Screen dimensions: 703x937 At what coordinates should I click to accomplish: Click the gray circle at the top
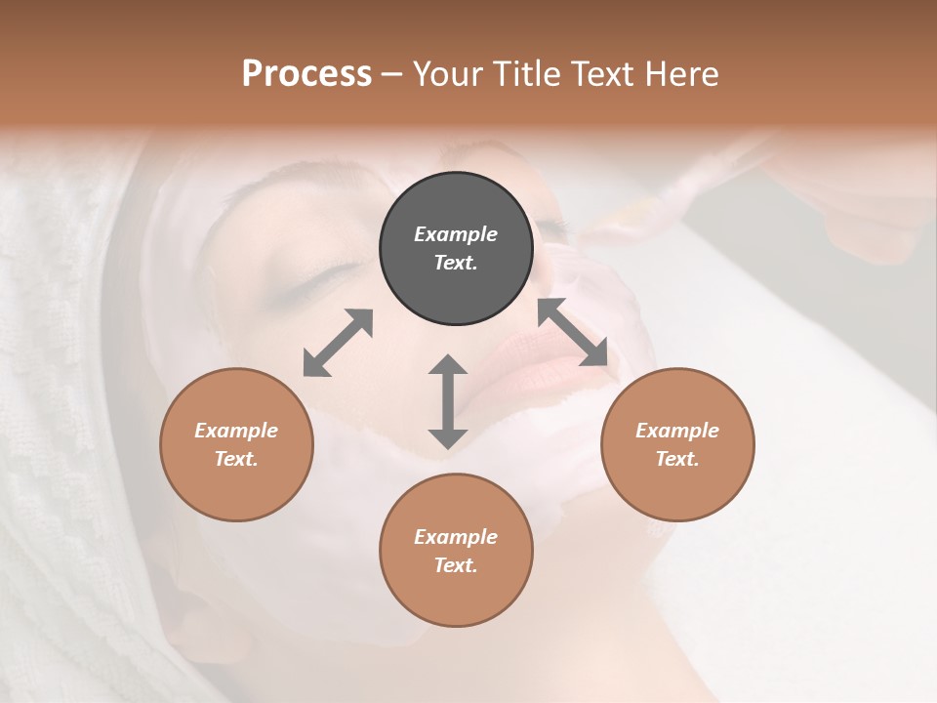(456, 249)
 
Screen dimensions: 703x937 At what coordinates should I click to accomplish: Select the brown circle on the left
(236, 444)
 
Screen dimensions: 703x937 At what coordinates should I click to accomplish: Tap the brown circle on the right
(677, 444)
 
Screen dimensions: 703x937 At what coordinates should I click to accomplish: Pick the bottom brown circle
(456, 551)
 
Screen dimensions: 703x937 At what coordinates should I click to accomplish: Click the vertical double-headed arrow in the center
(448, 401)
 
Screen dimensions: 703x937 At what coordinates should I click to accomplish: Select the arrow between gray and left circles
(338, 343)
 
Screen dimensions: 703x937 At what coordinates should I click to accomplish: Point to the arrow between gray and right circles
(573, 332)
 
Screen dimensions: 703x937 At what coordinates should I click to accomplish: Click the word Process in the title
(306, 73)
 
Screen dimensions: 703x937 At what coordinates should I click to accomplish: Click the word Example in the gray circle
(456, 234)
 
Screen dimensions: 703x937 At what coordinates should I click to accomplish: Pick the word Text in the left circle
(236, 459)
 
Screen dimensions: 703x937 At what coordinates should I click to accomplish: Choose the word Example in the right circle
(677, 431)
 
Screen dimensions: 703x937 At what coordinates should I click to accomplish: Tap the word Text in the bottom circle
(455, 565)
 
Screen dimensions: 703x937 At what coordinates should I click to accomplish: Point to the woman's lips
(552, 355)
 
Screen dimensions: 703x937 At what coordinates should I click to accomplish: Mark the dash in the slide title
(392, 74)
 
